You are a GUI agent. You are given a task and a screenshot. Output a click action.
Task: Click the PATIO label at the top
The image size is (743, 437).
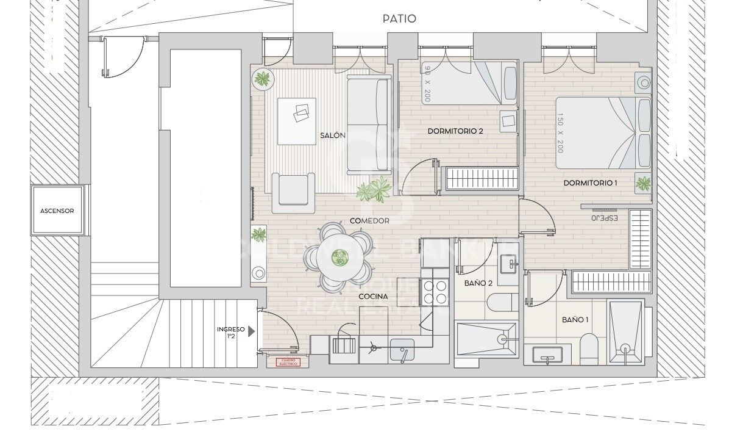coord(399,18)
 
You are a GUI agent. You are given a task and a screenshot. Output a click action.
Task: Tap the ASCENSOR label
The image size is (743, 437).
coord(57,211)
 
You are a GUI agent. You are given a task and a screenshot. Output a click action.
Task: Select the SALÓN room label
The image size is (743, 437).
coord(333,135)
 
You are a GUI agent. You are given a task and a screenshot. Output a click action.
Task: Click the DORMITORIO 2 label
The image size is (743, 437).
coord(455,131)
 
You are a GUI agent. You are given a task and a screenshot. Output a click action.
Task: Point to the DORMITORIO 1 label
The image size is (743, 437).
coord(590,182)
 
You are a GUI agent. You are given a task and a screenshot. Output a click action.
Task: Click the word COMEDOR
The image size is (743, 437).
coord(369,221)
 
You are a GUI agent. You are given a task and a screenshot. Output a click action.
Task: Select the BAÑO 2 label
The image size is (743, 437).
coord(478,283)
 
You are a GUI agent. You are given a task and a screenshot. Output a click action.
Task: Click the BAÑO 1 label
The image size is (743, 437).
coord(575,320)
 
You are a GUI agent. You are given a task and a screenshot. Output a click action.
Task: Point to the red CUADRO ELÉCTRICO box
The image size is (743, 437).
coord(288,363)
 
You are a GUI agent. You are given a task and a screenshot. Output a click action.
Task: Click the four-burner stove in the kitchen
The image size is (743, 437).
coord(435,291)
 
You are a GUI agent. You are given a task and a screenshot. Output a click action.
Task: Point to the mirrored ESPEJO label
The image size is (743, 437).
coord(604,218)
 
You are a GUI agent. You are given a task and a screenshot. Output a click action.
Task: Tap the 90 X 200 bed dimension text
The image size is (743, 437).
coord(427,83)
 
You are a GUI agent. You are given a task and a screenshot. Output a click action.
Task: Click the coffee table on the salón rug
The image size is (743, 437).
coord(297,121)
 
